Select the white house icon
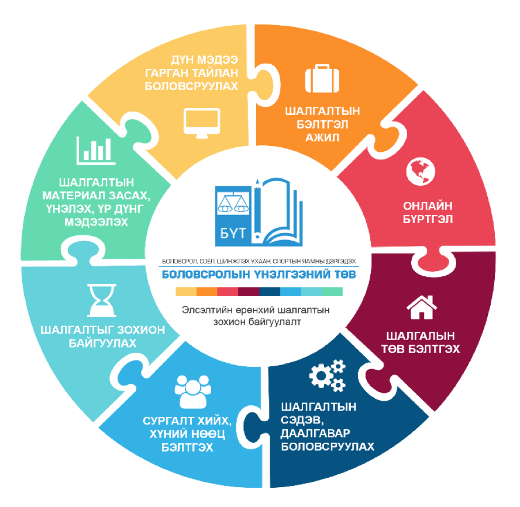point(422,308)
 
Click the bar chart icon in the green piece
point(96,150)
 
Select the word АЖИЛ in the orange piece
point(322,138)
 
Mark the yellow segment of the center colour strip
point(185,291)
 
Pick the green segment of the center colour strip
point(332,291)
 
